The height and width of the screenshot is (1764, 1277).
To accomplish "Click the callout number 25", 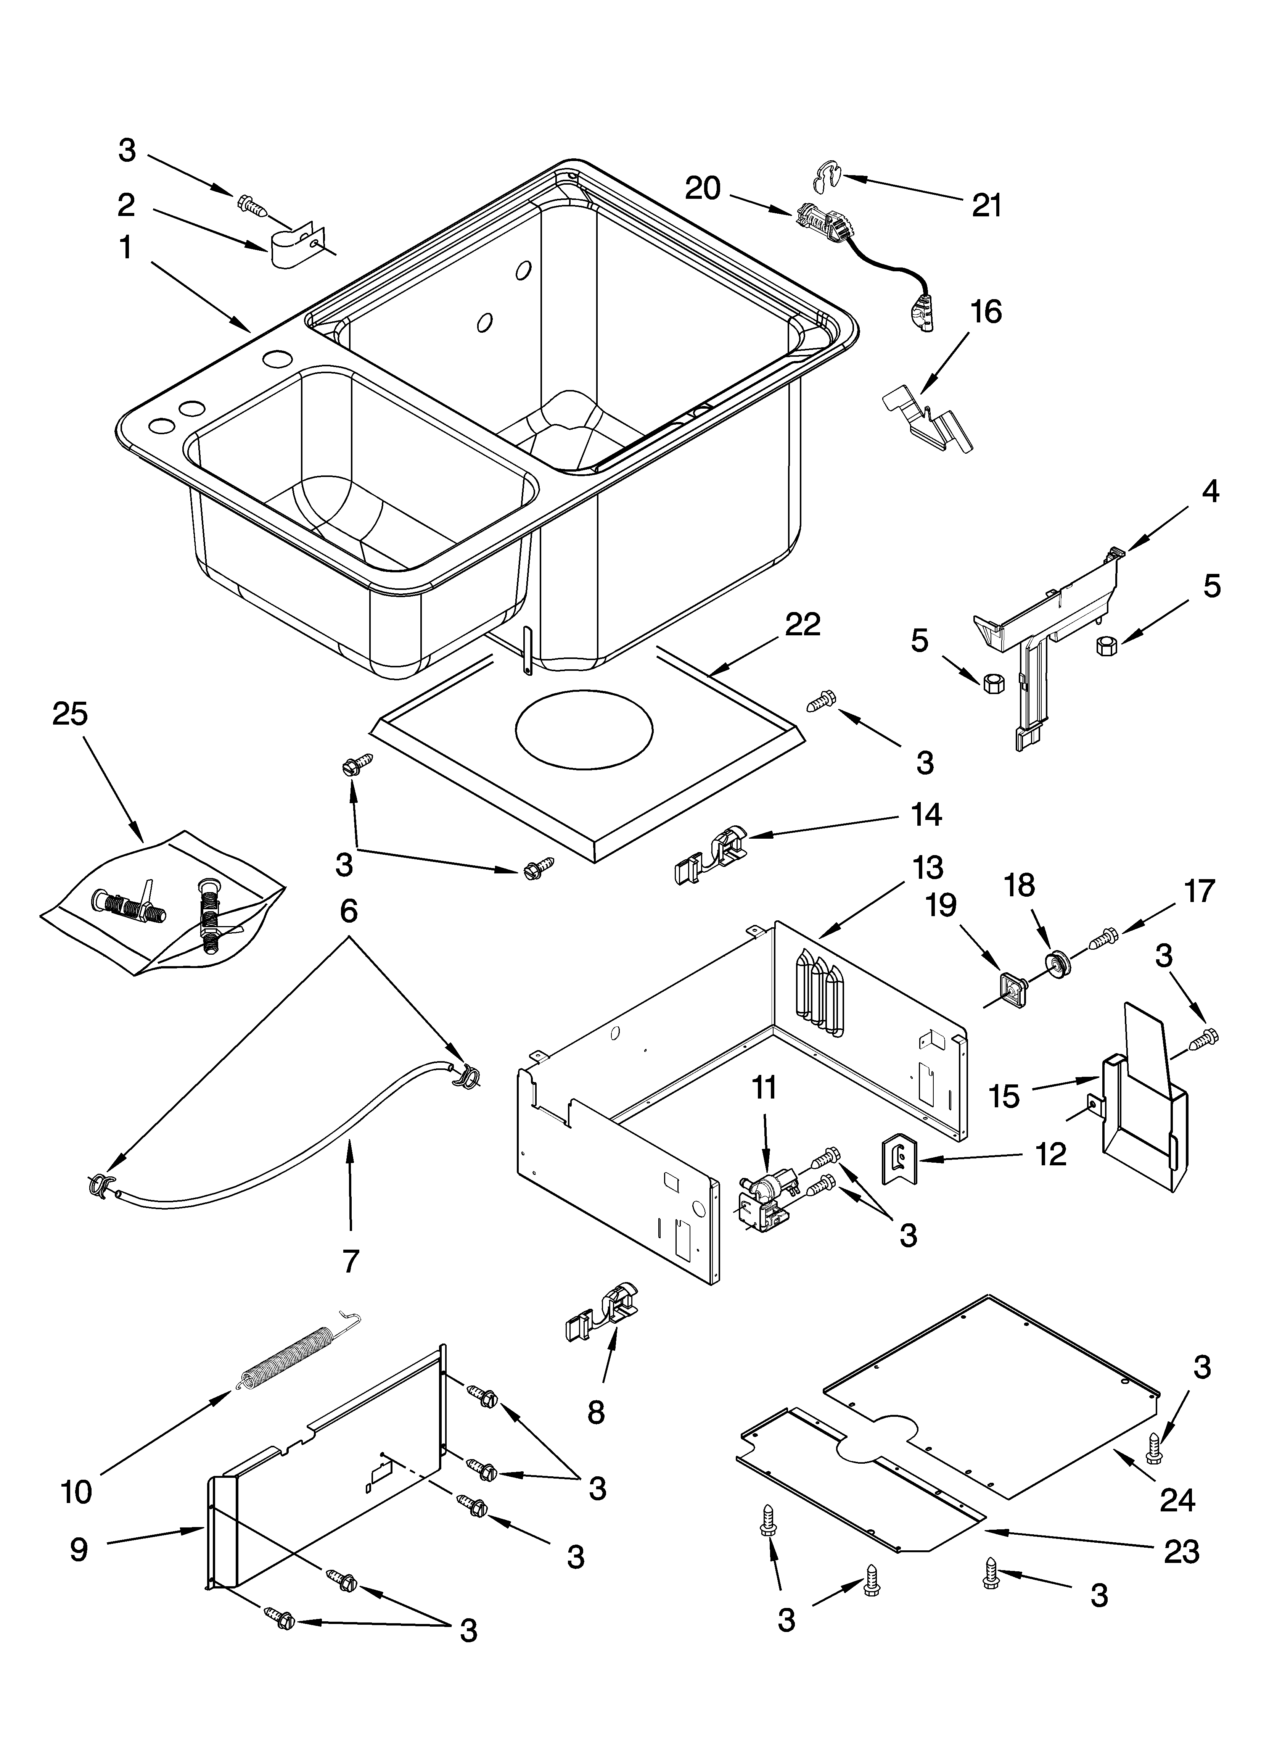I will click(70, 714).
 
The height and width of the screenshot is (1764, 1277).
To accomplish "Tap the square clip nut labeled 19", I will click(1011, 989).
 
